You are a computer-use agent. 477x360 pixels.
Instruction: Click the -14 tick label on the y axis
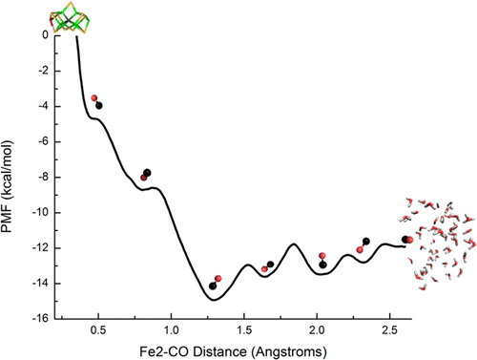click(40, 284)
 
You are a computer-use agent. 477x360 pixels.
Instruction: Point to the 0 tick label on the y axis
click(46, 34)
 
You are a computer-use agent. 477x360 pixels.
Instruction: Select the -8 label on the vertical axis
click(43, 177)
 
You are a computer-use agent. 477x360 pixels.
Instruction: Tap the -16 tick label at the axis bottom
click(40, 318)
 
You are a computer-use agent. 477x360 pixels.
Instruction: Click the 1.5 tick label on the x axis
click(244, 330)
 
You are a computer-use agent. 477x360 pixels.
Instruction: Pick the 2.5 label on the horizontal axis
click(389, 330)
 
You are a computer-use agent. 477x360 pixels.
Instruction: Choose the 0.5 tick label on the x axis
click(98, 330)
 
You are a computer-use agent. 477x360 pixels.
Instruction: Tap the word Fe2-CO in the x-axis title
click(164, 352)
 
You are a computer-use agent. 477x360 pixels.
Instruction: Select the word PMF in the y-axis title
click(7, 220)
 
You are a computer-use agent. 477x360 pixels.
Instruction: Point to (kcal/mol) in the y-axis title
click(7, 171)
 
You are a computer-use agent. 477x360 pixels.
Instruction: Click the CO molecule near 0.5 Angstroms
click(96, 102)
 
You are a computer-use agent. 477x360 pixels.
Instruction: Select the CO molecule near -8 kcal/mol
click(145, 175)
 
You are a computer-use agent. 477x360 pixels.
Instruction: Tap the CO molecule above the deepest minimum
click(216, 283)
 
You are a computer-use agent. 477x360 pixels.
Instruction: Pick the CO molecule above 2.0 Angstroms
click(322, 261)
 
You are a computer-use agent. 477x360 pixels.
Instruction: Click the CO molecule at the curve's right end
click(407, 240)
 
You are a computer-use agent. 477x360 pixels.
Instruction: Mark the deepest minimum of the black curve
click(214, 300)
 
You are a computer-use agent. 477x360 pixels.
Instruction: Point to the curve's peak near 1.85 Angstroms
click(294, 244)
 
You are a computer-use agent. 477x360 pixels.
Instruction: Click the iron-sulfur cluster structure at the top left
click(70, 18)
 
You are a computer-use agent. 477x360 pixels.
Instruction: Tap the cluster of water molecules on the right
click(438, 244)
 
